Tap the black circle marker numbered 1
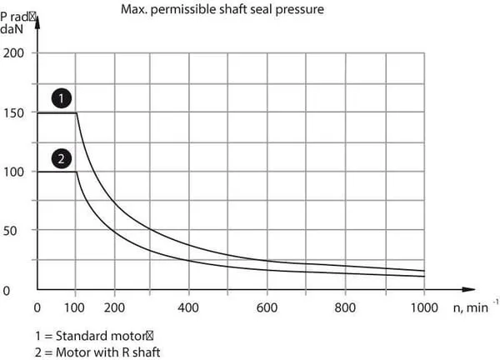(60, 98)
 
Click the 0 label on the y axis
(6, 290)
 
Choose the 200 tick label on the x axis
(115, 307)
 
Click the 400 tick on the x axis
(189, 307)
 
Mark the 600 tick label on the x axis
(267, 307)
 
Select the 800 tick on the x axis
(344, 307)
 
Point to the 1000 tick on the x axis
(424, 307)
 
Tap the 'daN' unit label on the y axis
(13, 29)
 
